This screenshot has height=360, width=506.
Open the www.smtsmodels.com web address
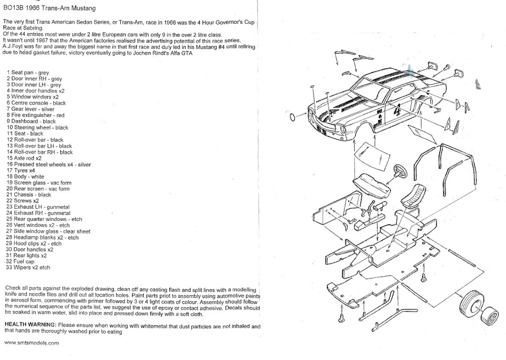point(32,343)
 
